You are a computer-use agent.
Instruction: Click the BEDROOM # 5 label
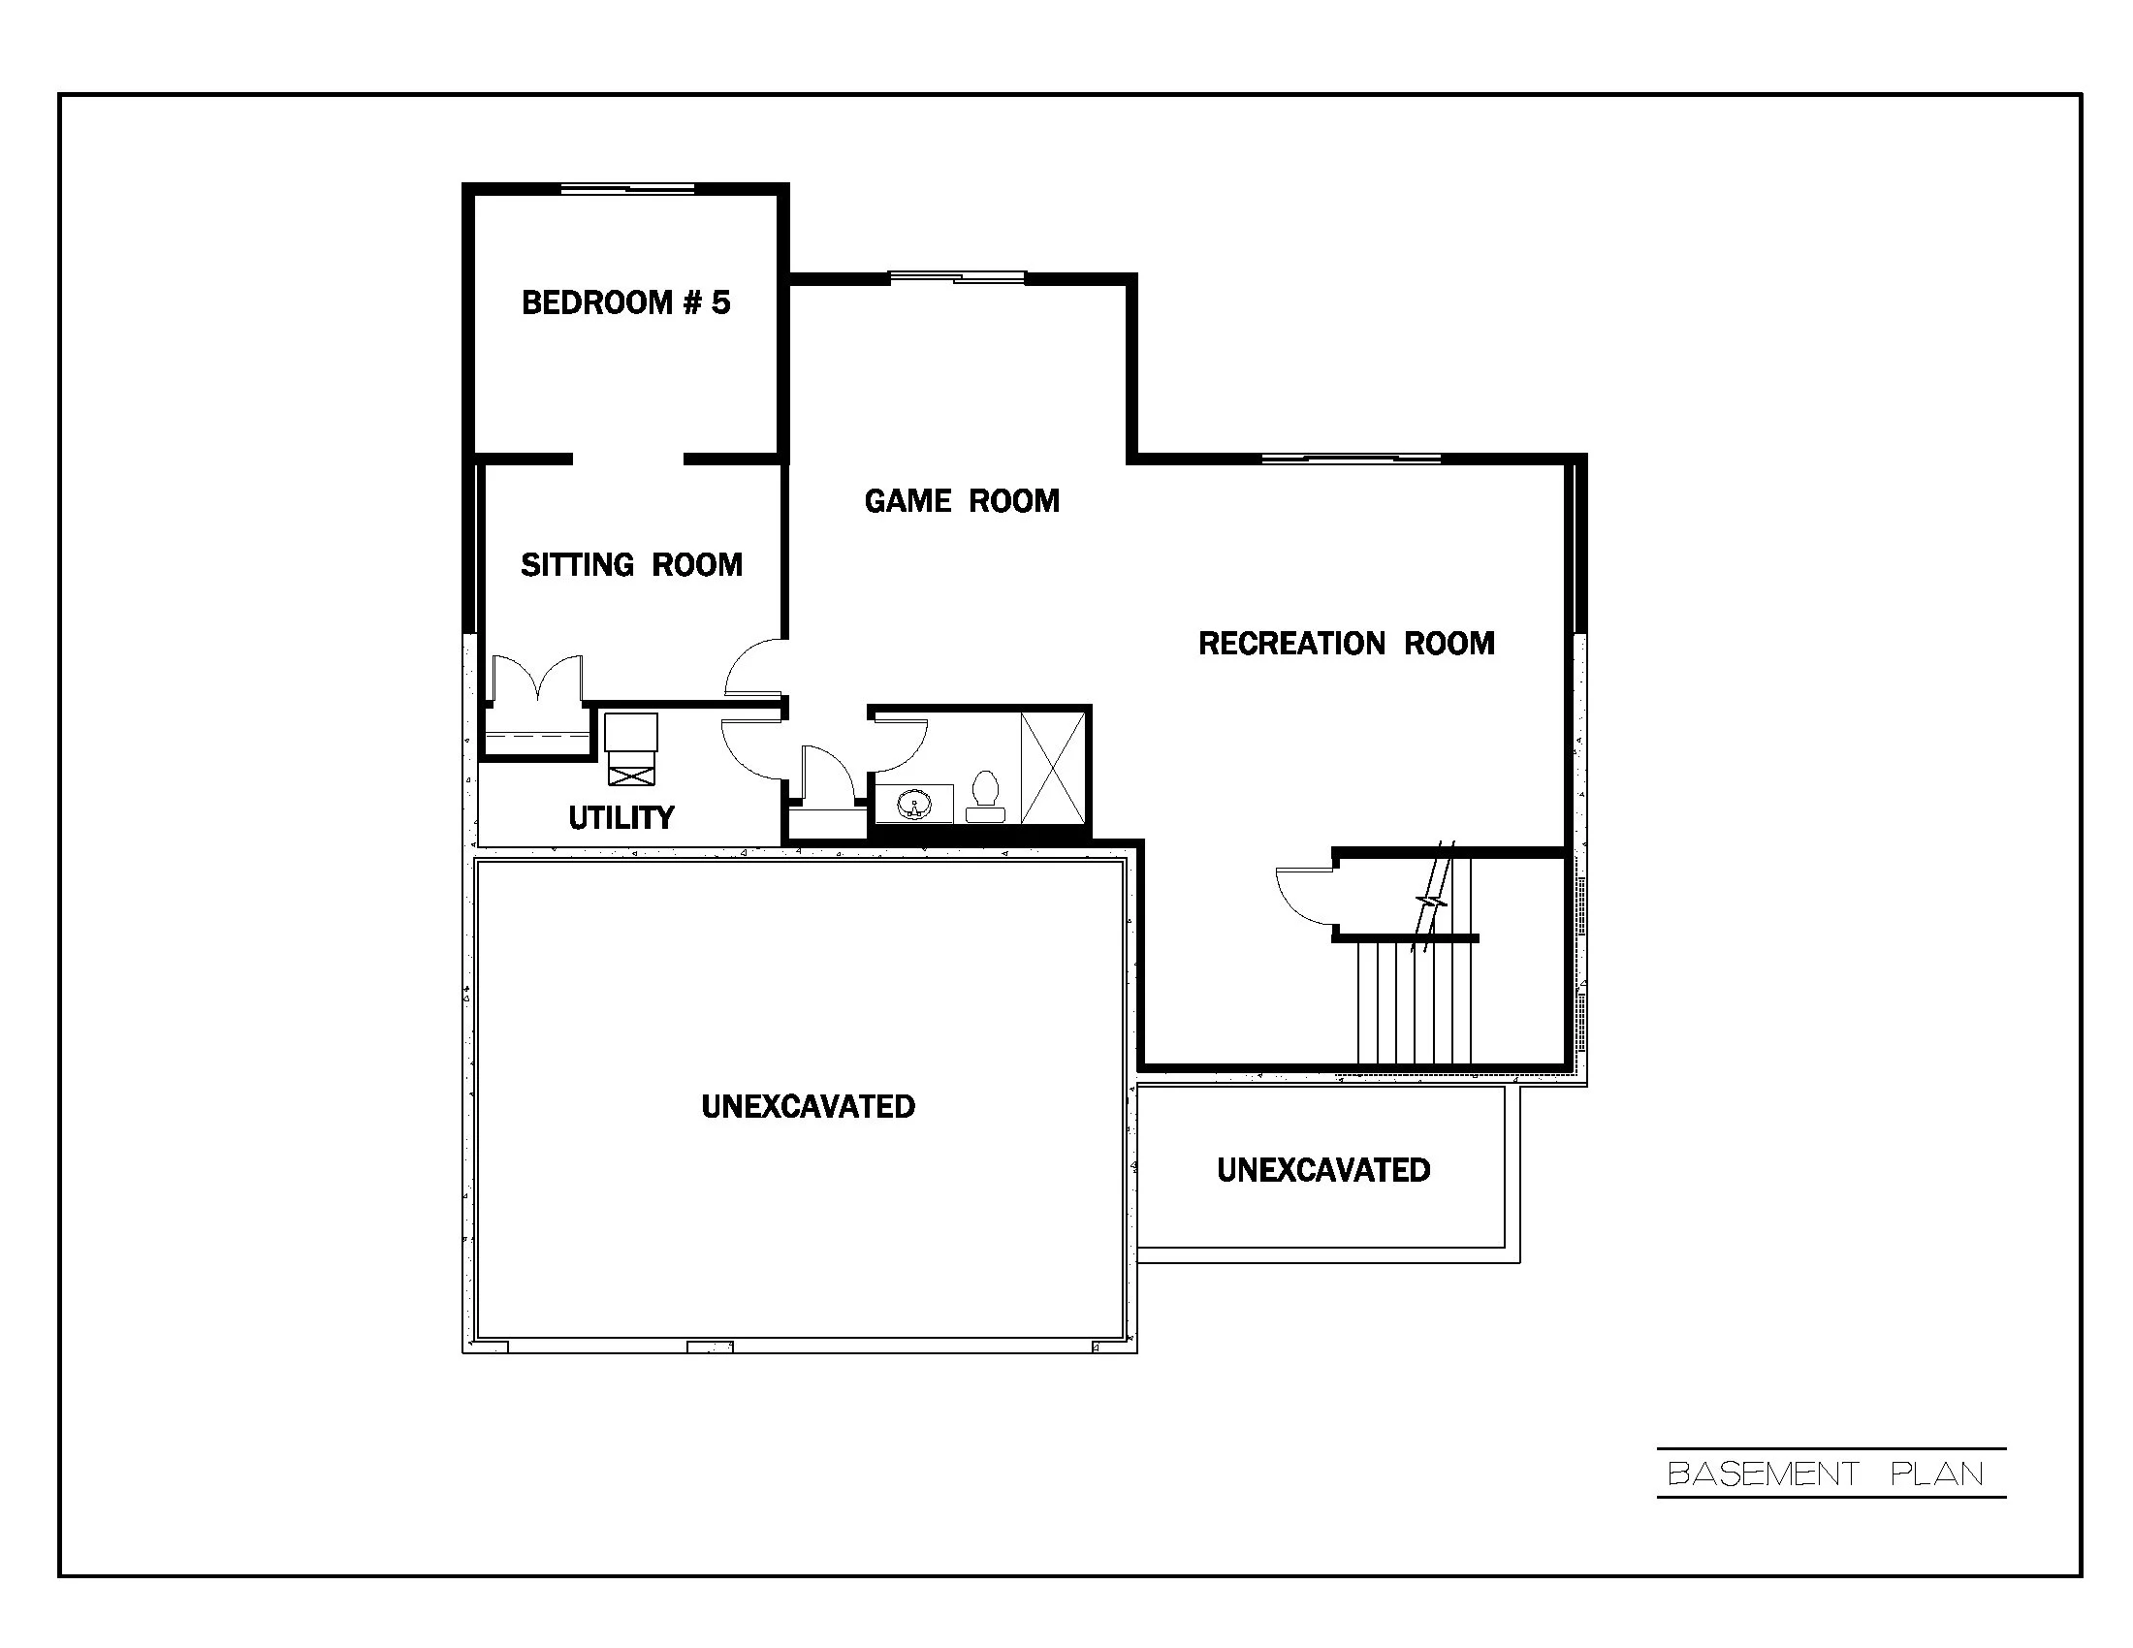[x=625, y=302]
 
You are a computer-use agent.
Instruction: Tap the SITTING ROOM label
[x=631, y=564]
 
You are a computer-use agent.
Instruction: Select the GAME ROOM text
[x=961, y=501]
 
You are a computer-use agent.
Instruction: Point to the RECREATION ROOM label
[x=1346, y=644]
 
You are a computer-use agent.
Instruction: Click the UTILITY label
[x=621, y=817]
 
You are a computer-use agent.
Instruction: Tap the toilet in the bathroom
[x=984, y=796]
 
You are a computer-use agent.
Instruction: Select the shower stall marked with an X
[x=1053, y=769]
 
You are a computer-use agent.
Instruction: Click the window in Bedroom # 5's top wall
[x=627, y=188]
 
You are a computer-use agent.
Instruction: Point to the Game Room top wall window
[x=957, y=278]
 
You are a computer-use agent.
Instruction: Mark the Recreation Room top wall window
[x=1351, y=458]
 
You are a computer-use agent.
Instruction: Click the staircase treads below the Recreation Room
[x=1415, y=1000]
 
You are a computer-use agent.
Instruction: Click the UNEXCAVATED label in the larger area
[x=808, y=1106]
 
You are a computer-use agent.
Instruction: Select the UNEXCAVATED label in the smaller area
[x=1322, y=1170]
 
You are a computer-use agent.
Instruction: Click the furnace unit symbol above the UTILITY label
[x=631, y=747]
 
